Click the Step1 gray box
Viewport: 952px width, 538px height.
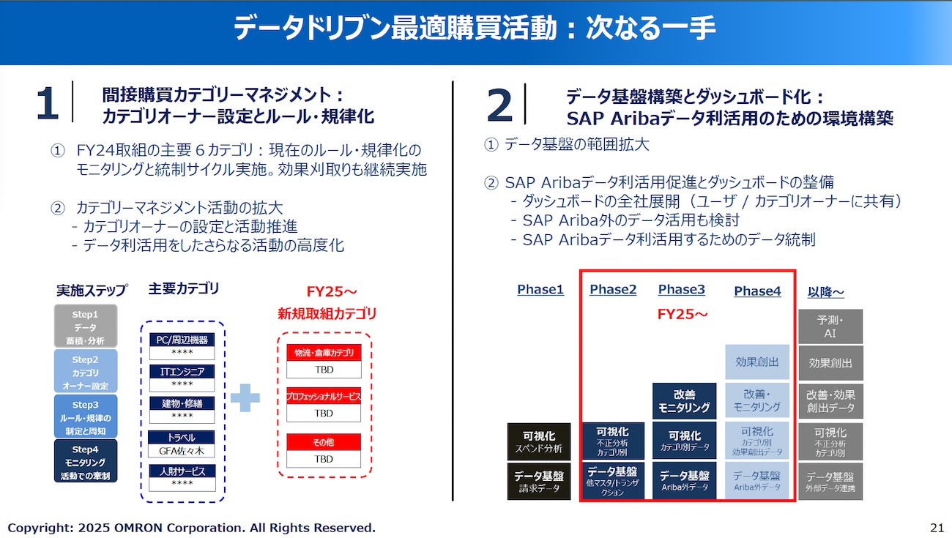[x=86, y=326]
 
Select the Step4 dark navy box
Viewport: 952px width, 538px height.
[x=86, y=461]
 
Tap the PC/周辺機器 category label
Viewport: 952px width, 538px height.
[x=182, y=340]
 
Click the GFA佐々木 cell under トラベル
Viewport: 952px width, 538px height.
[x=182, y=451]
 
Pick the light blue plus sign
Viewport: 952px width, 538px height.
[x=245, y=397]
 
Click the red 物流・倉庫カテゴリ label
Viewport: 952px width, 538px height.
[x=324, y=352]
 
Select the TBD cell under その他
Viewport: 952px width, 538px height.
[x=324, y=459]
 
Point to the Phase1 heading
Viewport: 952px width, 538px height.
[x=540, y=289]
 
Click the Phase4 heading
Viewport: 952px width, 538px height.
[x=757, y=291]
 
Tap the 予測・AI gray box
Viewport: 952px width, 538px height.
[x=830, y=326]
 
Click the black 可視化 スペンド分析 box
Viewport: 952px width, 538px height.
[x=539, y=441]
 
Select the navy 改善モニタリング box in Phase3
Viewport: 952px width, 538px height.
[x=684, y=400]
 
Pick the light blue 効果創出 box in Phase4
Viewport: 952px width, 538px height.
[x=757, y=362]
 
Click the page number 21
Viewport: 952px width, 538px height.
[x=937, y=527]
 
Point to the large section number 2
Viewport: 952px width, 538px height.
[x=499, y=105]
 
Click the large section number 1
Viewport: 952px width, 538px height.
[x=48, y=103]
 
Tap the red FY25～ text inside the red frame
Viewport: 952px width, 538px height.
[x=683, y=314]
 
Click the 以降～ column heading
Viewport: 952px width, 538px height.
[x=826, y=292]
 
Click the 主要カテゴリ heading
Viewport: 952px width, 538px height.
[x=184, y=288]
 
